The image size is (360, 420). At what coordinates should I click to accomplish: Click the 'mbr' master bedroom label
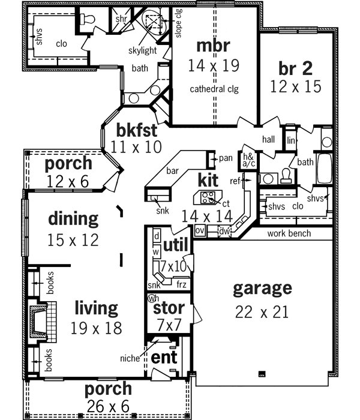click(x=213, y=46)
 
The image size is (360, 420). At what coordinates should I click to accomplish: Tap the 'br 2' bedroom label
click(x=295, y=67)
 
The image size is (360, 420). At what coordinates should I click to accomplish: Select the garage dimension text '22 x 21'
click(x=262, y=311)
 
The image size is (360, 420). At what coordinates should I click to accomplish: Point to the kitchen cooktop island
click(x=208, y=196)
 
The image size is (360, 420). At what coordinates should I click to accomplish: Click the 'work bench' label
click(x=289, y=233)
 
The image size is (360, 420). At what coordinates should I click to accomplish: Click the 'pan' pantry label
click(x=225, y=158)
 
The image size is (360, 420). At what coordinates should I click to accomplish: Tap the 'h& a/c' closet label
click(x=247, y=160)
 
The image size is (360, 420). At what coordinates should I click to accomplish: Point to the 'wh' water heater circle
click(x=153, y=298)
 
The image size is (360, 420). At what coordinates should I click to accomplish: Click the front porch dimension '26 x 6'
click(x=108, y=406)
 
